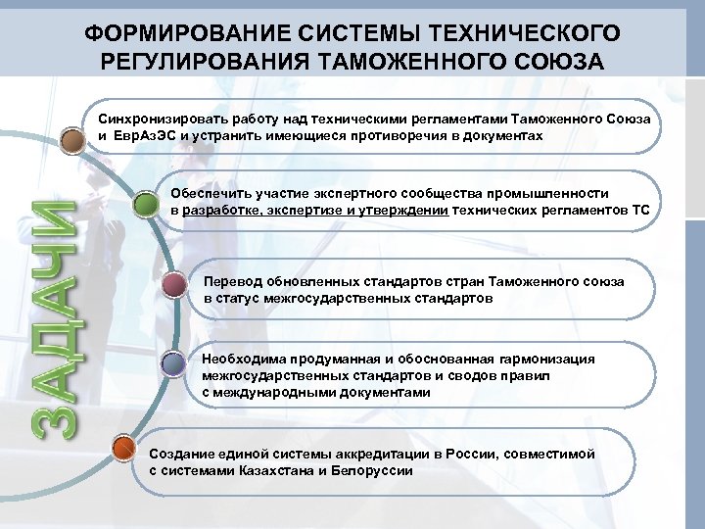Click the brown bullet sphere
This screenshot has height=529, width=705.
[72, 140]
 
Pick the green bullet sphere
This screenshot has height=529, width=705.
[146, 205]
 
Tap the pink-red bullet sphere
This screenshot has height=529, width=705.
[175, 286]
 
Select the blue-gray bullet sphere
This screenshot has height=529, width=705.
[174, 364]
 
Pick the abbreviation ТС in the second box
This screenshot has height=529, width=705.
[638, 211]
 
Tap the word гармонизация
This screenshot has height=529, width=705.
[547, 360]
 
